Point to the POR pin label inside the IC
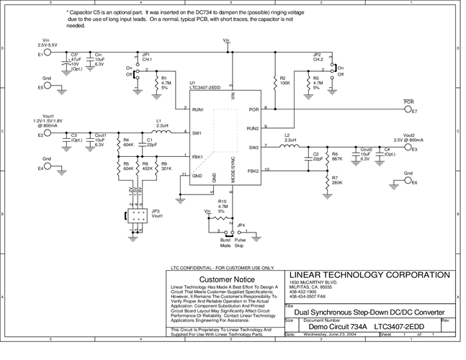pos(253,109)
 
